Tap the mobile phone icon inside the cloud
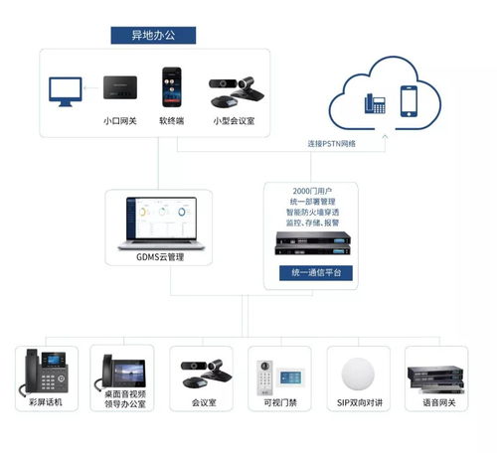point(410,100)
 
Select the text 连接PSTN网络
point(331,144)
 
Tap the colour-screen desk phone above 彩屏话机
point(43,372)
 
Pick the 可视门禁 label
point(279,402)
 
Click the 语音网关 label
point(437,402)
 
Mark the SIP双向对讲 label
point(358,402)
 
